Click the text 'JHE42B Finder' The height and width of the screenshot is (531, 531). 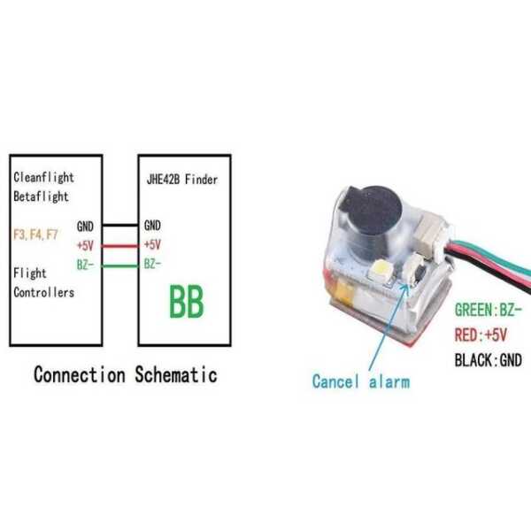click(182, 180)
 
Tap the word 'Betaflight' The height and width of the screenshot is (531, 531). click(42, 196)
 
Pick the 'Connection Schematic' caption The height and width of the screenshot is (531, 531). click(125, 374)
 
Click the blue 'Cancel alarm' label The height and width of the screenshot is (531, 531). click(361, 381)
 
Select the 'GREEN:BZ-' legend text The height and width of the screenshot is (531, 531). click(488, 311)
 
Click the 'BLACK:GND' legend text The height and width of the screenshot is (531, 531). click(488, 360)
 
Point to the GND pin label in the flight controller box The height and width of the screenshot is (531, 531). click(87, 227)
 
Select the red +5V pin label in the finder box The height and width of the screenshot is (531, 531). click(152, 245)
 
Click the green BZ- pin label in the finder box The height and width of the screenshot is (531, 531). click(152, 264)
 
